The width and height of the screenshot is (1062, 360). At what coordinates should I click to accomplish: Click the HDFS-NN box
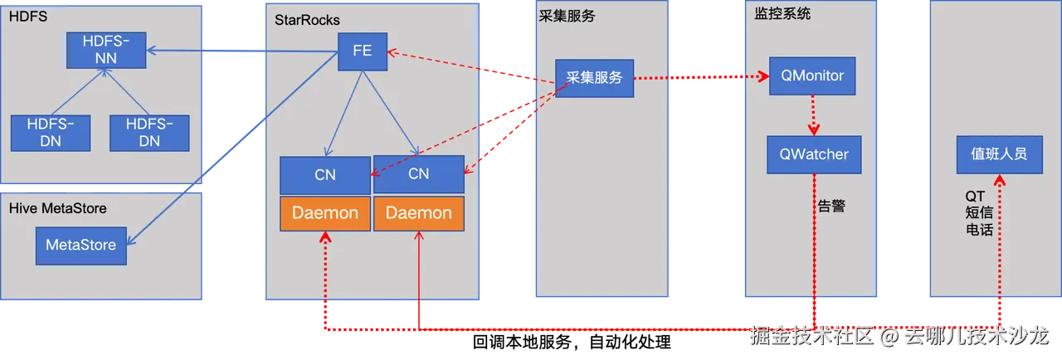point(106,50)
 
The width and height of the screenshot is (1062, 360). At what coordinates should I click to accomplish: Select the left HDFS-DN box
point(50,133)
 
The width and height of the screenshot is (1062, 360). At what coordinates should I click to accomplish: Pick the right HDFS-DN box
point(149,133)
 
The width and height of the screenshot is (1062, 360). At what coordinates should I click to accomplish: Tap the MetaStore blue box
point(80,246)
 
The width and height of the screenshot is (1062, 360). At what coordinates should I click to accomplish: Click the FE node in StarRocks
point(362,51)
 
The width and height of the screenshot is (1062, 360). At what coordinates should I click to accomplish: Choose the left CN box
point(324,175)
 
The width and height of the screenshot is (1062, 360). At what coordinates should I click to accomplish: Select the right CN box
point(419,173)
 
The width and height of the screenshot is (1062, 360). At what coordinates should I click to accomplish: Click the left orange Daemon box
point(324,213)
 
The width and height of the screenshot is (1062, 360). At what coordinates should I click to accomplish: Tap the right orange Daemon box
point(419,213)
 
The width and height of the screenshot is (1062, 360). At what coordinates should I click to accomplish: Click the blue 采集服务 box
point(594,78)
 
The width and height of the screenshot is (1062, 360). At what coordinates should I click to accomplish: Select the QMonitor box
point(812,76)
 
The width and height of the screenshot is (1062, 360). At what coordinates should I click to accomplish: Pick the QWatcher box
point(813,154)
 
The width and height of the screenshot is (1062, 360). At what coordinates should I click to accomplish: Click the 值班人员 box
point(999,154)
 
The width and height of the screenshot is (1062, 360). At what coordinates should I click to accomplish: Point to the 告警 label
point(831,207)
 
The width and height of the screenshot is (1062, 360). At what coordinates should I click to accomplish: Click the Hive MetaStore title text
point(57,208)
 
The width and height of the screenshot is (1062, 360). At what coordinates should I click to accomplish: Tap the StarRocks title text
point(307,19)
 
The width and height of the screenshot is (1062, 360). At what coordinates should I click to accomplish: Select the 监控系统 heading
point(782,14)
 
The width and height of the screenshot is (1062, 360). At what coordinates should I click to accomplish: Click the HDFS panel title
point(24,17)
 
